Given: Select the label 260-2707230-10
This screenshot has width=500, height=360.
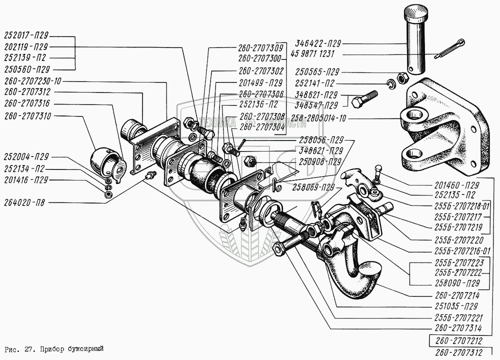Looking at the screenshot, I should [x=33, y=80].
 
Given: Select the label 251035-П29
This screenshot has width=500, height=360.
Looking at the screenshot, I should [x=455, y=306].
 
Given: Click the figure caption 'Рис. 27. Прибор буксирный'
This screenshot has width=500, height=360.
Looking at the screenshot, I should [x=55, y=348].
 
